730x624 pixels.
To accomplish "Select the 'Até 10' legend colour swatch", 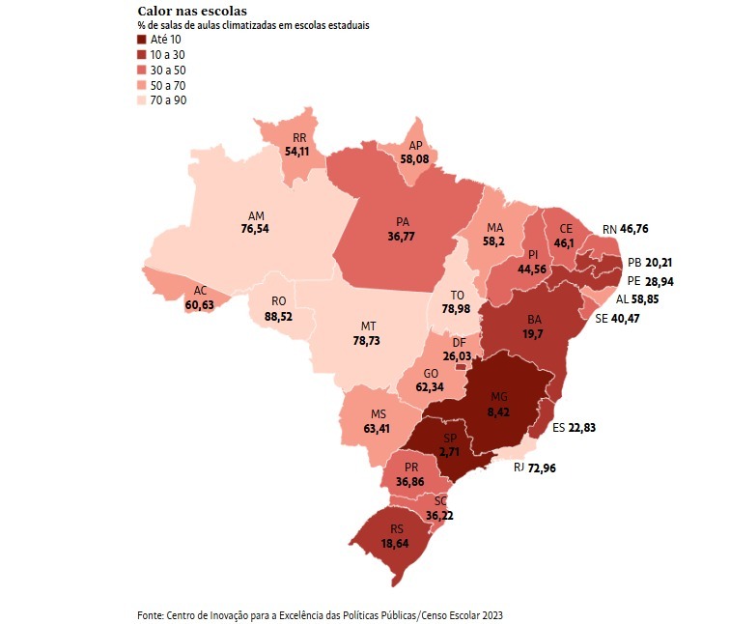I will [x=143, y=40].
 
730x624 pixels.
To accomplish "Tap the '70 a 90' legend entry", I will [x=174, y=99].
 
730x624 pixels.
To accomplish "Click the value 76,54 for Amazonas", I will [x=256, y=229].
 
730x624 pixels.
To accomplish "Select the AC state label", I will [x=200, y=289].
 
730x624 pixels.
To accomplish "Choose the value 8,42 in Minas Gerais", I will [x=498, y=411].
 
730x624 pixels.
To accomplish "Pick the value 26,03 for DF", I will [x=460, y=355].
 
